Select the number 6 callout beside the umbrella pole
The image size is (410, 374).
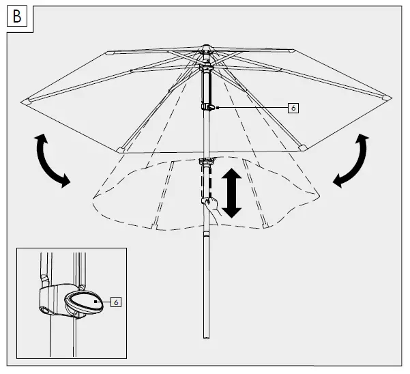pos(293,108)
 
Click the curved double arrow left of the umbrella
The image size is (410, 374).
pos(52,160)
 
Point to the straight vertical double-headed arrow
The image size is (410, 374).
pos(232,193)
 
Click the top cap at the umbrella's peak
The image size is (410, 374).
pos(205,49)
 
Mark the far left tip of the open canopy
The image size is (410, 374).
pos(25,100)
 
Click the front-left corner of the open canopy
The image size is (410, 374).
pos(121,149)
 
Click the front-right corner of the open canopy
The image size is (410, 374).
pos(301,146)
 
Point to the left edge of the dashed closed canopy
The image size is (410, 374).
pos(93,198)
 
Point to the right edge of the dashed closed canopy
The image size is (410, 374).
pos(319,195)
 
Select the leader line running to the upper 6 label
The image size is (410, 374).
pos(252,108)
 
